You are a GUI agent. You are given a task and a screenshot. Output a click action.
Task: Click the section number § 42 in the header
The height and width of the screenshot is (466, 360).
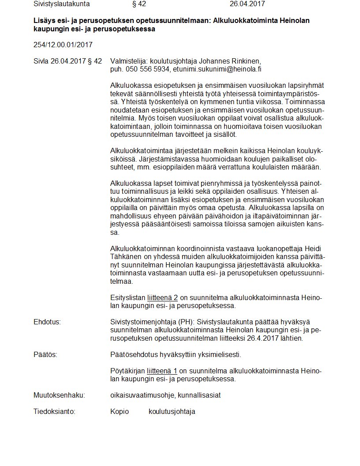(x=139, y=4)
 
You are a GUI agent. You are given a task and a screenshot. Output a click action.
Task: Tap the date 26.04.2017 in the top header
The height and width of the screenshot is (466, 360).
(x=247, y=4)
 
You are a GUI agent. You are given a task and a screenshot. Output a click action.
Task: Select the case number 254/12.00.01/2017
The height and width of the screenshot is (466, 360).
(x=63, y=45)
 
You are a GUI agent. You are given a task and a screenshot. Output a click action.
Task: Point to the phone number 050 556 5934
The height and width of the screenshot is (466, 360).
(x=147, y=69)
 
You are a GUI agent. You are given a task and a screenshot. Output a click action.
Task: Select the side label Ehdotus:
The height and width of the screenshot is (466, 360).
(x=47, y=322)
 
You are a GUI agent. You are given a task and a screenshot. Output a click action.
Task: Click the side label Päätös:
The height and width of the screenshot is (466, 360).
(x=45, y=354)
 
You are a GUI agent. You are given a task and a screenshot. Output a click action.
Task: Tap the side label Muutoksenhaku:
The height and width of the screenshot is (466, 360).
(x=59, y=395)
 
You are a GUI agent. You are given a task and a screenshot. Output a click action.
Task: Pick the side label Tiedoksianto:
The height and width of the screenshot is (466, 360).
(x=55, y=411)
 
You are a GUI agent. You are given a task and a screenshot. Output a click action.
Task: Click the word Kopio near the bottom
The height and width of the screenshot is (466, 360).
(x=120, y=411)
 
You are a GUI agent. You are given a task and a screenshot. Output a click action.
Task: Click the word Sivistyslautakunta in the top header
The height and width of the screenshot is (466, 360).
(x=61, y=4)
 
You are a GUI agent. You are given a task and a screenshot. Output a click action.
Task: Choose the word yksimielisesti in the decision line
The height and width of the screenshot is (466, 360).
(x=221, y=354)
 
